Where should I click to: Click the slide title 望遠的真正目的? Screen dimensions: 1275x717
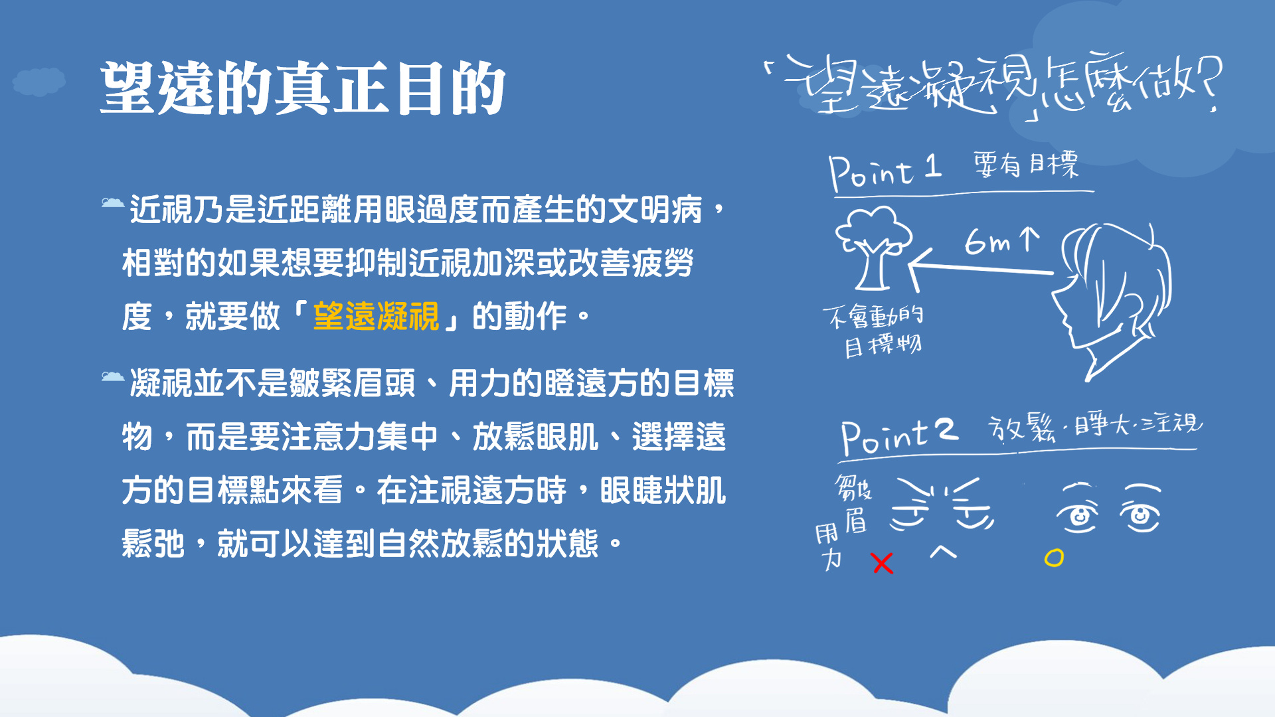pyautogui.click(x=303, y=88)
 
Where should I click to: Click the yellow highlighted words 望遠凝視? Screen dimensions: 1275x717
pyautogui.click(x=376, y=316)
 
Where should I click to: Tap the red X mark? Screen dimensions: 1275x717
pyautogui.click(x=883, y=563)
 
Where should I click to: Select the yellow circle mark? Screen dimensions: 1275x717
pyautogui.click(x=1054, y=558)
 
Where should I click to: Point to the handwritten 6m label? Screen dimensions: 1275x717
pyautogui.click(x=987, y=242)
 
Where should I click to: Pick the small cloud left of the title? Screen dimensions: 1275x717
pyautogui.click(x=39, y=82)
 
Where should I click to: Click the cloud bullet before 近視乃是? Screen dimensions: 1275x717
pyautogui.click(x=112, y=202)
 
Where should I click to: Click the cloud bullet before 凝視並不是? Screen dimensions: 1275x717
pyautogui.click(x=112, y=376)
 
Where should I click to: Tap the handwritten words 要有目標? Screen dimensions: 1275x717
pyautogui.click(x=1026, y=164)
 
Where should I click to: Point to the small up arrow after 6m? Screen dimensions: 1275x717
pyautogui.click(x=1029, y=239)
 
